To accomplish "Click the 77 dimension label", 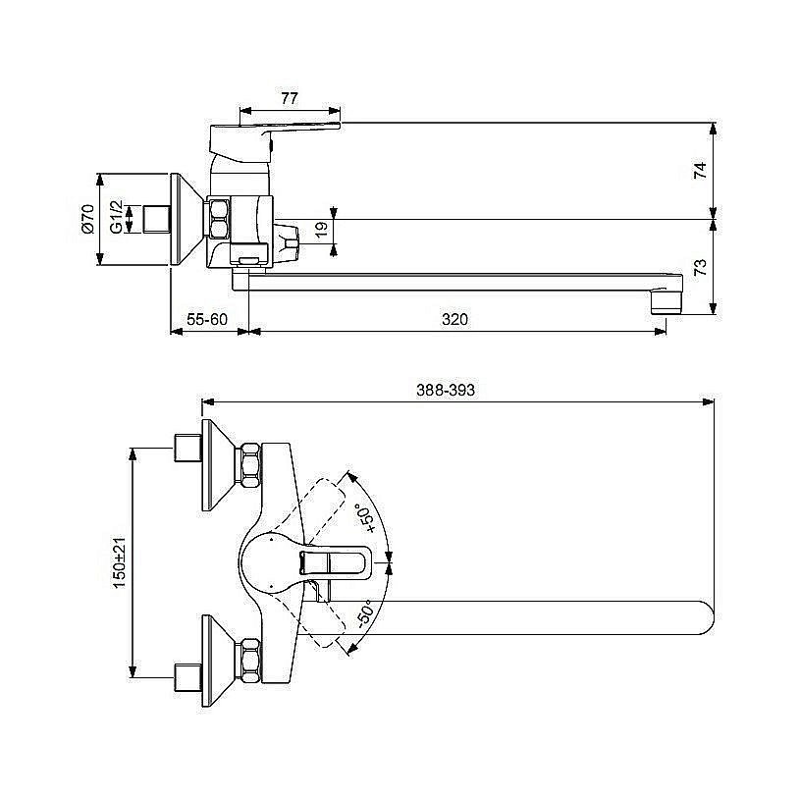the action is [289, 98].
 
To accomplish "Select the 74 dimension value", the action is [701, 170].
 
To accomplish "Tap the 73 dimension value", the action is [701, 267].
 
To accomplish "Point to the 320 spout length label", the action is [454, 319].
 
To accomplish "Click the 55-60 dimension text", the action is [207, 319].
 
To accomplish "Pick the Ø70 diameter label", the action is [87, 219].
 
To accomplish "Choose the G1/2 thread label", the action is [117, 217].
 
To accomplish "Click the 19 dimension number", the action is [321, 230].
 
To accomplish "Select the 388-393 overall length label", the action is [446, 390].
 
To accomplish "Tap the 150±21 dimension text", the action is [119, 562].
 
